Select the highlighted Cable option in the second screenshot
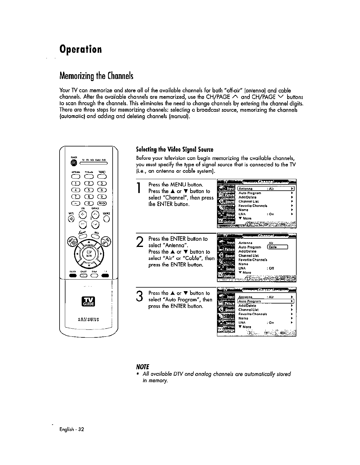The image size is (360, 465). pos(277,247)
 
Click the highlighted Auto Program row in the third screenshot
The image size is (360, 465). pos(265,301)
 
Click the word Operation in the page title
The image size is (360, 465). pos(80,49)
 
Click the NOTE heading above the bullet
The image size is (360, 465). pos(143,367)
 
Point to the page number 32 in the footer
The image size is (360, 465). pos(81,429)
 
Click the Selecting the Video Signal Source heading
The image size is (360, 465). pos(175,149)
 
